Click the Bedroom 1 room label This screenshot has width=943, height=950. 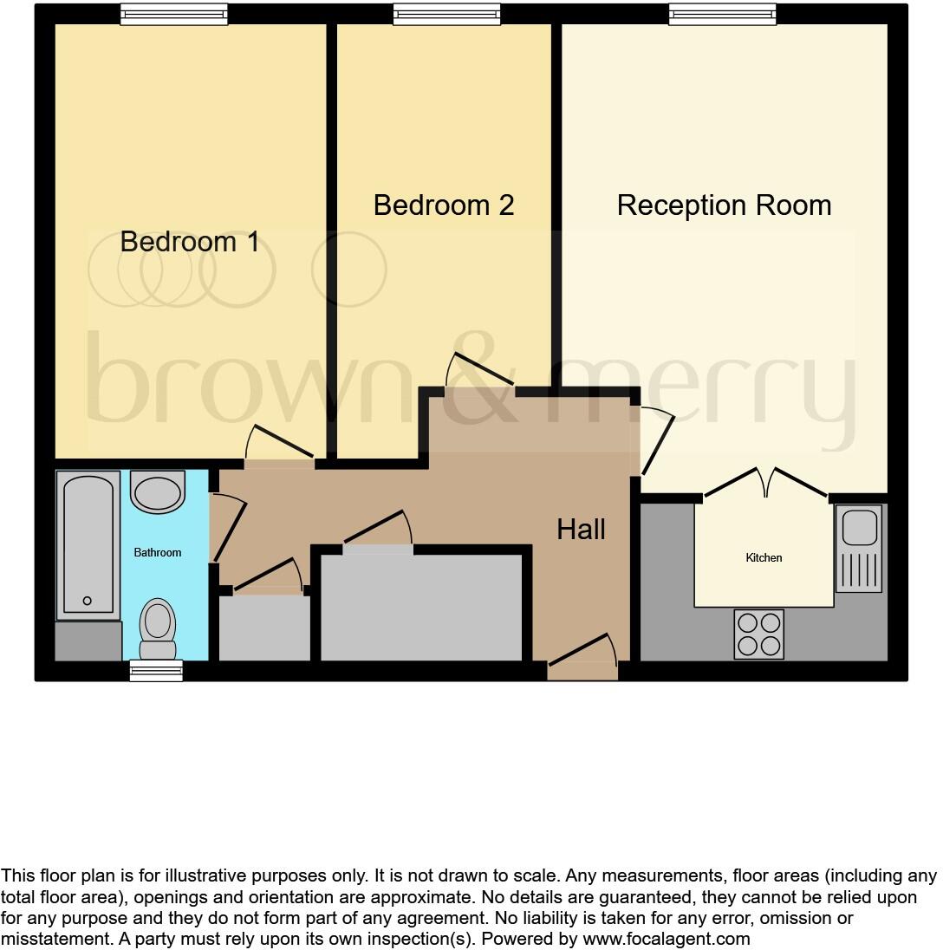[190, 241]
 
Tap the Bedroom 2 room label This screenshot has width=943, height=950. [443, 205]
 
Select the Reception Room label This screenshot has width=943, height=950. [724, 205]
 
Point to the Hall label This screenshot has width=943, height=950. [581, 529]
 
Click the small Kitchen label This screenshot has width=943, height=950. [764, 557]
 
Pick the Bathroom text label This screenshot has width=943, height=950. [158, 552]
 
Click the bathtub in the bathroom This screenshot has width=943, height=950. [87, 545]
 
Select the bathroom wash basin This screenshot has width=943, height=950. [158, 491]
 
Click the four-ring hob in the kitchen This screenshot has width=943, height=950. [758, 634]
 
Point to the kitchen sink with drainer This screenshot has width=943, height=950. [858, 549]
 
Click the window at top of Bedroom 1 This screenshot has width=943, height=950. [173, 13]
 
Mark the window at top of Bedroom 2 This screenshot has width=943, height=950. [446, 13]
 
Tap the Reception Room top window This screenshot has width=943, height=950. [722, 13]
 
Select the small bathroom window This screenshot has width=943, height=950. [156, 670]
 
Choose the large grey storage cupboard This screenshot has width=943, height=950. [421, 607]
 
